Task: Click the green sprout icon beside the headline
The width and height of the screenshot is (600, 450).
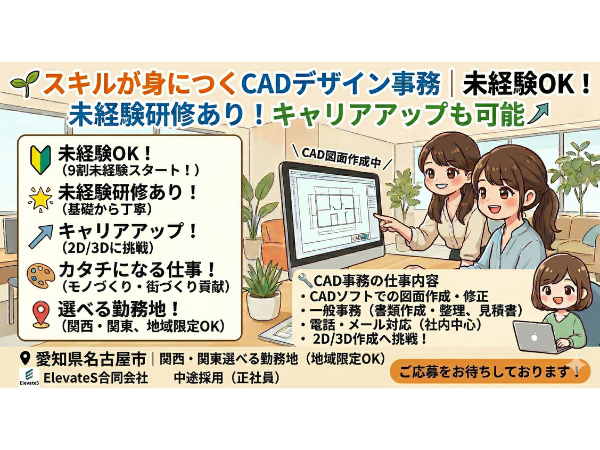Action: point(25,82)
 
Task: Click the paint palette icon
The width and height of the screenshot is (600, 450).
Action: point(40,274)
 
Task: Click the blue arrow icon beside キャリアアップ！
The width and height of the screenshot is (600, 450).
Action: point(41,236)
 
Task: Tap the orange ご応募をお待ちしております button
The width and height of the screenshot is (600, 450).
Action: point(490,371)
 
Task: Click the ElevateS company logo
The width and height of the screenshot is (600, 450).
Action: point(29,378)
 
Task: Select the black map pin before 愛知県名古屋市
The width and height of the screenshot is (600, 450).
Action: point(25,359)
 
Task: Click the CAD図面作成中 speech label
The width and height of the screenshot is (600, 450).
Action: point(342,158)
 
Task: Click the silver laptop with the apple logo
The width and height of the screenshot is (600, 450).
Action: point(536,338)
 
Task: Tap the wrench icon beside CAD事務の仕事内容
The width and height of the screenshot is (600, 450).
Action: point(305,280)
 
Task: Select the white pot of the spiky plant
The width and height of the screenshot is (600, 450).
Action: point(263,305)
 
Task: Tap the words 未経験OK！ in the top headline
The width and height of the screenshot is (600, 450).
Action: point(526,84)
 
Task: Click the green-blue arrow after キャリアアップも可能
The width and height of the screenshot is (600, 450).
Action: point(539,114)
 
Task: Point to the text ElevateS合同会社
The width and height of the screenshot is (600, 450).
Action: point(96,378)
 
